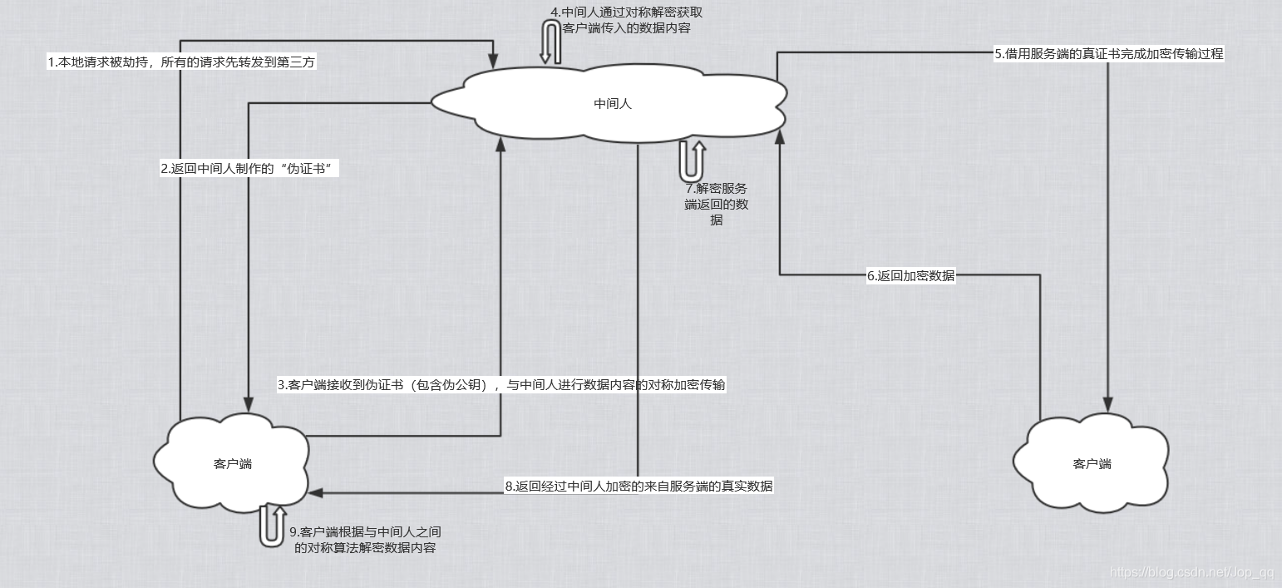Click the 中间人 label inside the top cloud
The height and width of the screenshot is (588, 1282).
tap(613, 104)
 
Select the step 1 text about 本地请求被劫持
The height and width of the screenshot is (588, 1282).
tap(182, 62)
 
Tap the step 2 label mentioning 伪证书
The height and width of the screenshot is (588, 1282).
tap(251, 168)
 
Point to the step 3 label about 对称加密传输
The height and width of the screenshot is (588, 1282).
tap(501, 385)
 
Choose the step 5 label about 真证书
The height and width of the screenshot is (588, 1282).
tap(1109, 53)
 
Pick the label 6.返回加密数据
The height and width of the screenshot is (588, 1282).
tap(910, 276)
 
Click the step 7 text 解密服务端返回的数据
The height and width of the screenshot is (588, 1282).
tap(716, 204)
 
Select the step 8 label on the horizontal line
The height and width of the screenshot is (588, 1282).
tap(639, 487)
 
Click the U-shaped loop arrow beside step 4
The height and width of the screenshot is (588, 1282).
tap(550, 42)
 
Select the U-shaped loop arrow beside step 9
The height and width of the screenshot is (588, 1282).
tap(272, 525)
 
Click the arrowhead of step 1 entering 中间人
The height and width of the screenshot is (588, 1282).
tap(493, 62)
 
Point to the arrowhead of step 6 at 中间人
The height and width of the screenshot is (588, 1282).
tap(780, 136)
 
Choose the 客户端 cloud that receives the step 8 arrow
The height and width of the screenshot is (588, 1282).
tap(232, 463)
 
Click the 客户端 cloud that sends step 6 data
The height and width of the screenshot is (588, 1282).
tap(1091, 463)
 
